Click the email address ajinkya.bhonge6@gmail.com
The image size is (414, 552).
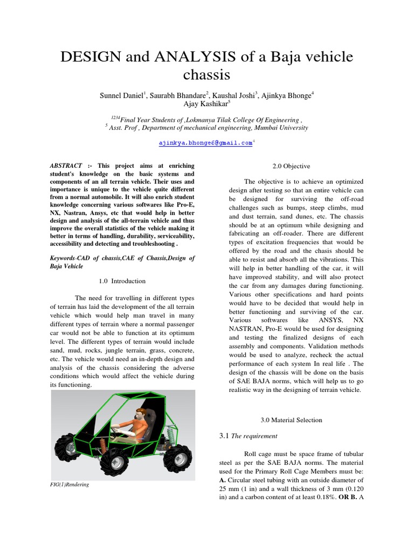(205, 143)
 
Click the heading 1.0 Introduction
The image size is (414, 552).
(122, 281)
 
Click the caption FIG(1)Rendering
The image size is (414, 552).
(70, 485)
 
